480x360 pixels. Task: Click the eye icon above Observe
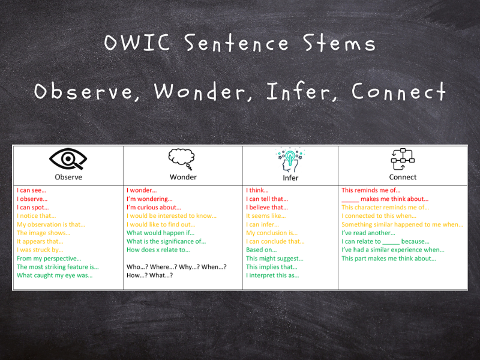pyautogui.click(x=68, y=159)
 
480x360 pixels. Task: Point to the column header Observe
pyautogui.click(x=68, y=177)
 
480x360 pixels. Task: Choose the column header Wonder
pyautogui.click(x=183, y=177)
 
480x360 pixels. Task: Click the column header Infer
pyautogui.click(x=290, y=178)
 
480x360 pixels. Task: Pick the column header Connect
pyautogui.click(x=403, y=177)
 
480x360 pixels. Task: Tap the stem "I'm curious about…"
pyautogui.click(x=154, y=208)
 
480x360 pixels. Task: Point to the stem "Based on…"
pyautogui.click(x=262, y=250)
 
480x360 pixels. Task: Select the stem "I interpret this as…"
pyautogui.click(x=272, y=275)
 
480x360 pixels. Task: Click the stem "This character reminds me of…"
pyautogui.click(x=385, y=208)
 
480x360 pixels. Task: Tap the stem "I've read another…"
pyautogui.click(x=368, y=233)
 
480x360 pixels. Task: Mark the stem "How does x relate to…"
pyautogui.click(x=158, y=250)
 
